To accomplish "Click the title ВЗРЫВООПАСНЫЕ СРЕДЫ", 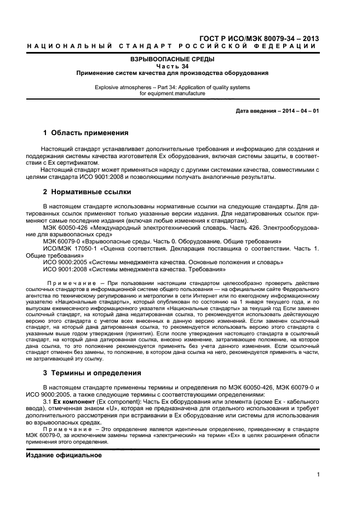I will pyautogui.click(x=172, y=59).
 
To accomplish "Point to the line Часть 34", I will pyautogui.click(x=172, y=66).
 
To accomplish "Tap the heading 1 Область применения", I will pyautogui.click(x=85, y=133).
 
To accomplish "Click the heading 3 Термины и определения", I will pyautogui.click(x=92, y=373).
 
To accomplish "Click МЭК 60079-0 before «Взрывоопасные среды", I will pyautogui.click(x=61, y=241).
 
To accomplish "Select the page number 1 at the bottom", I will pyautogui.click(x=318, y=475).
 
